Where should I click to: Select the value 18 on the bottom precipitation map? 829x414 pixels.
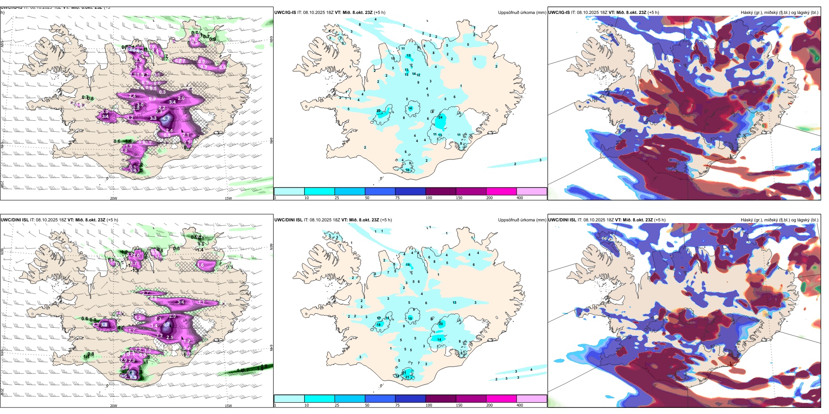click(379, 325)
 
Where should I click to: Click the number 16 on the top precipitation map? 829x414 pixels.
click(408, 170)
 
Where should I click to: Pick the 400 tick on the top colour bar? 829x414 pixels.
click(520, 198)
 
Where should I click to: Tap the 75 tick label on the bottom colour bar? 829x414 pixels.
click(397, 405)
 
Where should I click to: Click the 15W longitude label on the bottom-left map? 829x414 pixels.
click(228, 406)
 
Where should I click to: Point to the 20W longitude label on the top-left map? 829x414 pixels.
click(113, 198)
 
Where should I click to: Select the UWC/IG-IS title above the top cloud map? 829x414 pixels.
click(559, 13)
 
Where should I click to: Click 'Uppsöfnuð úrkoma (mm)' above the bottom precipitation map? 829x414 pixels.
click(522, 220)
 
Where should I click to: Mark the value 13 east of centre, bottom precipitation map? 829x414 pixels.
click(455, 302)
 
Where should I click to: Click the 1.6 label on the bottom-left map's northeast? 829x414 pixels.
click(201, 265)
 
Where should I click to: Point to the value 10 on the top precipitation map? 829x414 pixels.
click(393, 59)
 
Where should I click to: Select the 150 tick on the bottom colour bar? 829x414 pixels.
click(459, 405)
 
